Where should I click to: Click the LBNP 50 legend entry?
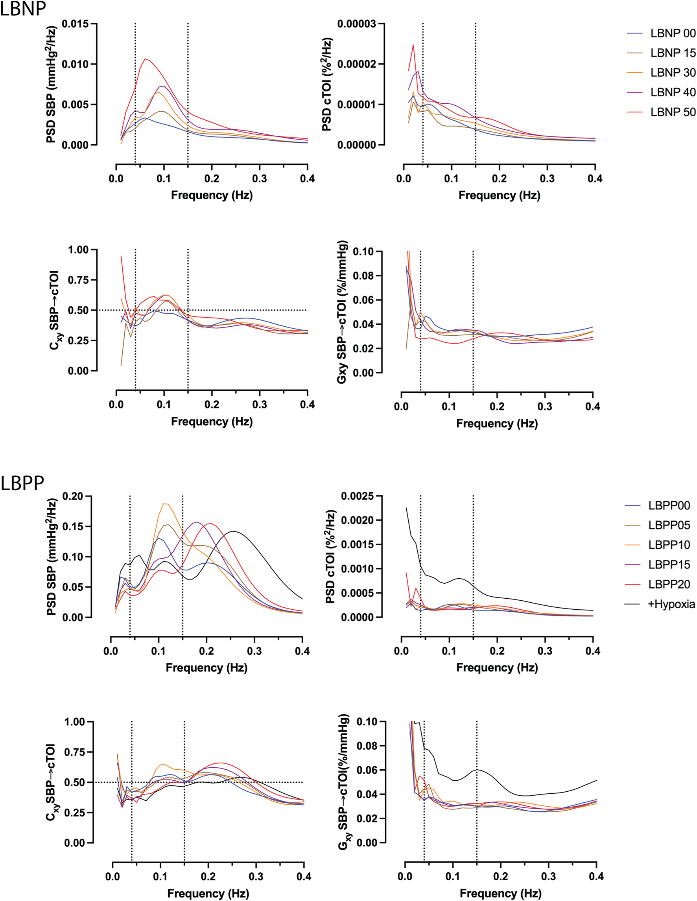(673, 112)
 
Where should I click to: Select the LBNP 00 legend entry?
(673, 33)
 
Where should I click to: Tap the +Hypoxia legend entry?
(671, 604)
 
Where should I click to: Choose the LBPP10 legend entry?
(669, 545)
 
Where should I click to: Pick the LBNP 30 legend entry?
(673, 73)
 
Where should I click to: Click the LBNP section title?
(23, 9)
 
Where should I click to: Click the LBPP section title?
(22, 483)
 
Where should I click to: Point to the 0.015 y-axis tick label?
(75, 24)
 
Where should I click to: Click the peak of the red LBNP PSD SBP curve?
(145, 59)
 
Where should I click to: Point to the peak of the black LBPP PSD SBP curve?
(234, 531)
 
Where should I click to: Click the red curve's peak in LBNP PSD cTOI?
(413, 45)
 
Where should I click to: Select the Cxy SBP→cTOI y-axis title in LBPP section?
(53, 782)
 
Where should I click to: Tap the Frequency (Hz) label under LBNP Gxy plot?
(496, 424)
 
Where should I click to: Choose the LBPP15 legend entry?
(669, 565)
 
